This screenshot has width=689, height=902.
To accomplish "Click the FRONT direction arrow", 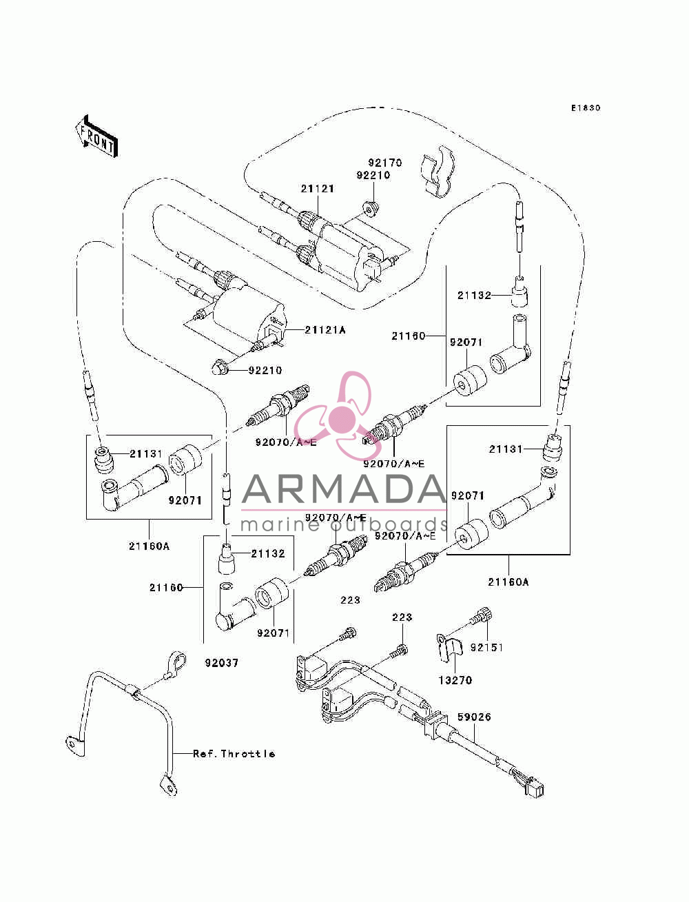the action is pos(97,137).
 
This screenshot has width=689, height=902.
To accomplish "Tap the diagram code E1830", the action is pos(586,108).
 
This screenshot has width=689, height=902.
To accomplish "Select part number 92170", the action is pos(384,163).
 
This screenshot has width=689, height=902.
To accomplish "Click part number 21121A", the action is pos(325,330).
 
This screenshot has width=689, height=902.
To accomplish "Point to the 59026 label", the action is pos(474,717).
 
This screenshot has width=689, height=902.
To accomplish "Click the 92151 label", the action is pos(486,647).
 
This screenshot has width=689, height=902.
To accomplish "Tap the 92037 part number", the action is pos(222,663).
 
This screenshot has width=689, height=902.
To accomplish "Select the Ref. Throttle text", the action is pos(234,754).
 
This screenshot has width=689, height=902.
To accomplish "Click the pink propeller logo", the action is pos(336,416).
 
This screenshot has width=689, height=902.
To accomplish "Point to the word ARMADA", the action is pos(344,489).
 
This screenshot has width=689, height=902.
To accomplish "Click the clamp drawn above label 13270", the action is pos(449,649).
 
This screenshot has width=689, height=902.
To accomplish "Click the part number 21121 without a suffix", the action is pos(317,189).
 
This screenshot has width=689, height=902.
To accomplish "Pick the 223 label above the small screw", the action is pos(402,617).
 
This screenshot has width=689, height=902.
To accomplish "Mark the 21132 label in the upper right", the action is pos(474,295).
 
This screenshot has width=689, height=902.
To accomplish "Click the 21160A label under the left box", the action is pos(149,546).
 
